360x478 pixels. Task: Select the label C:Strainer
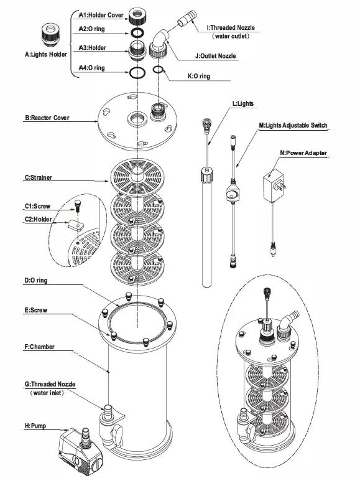click(x=39, y=178)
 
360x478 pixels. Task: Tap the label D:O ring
click(x=36, y=281)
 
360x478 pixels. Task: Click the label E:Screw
click(x=36, y=309)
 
